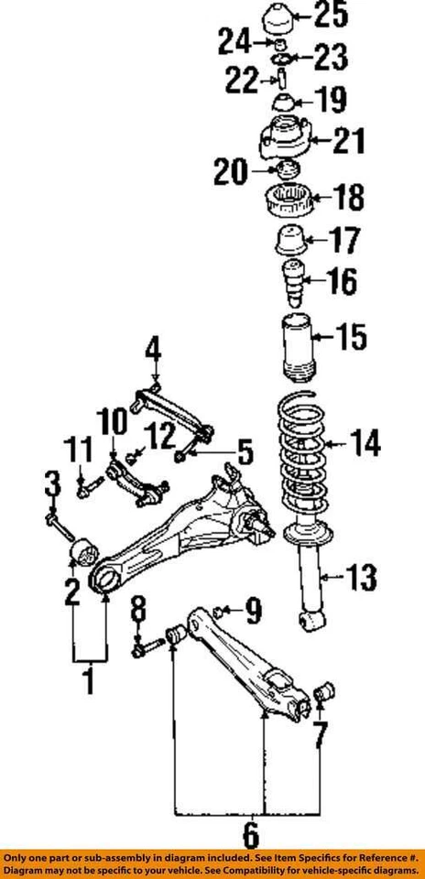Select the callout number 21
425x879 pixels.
point(348,141)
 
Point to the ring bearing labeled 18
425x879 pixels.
point(292,198)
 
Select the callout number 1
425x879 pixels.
point(89,681)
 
